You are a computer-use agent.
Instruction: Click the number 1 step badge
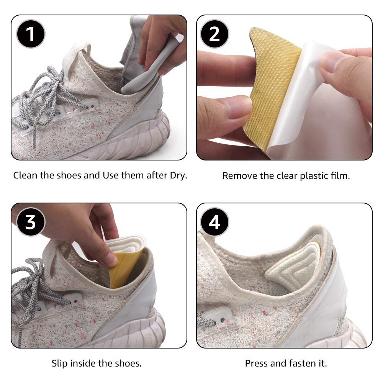pos(31,34)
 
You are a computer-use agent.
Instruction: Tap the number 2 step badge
pos(214,34)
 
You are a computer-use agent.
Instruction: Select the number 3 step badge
pos(31,222)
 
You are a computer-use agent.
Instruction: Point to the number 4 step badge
pos(214,222)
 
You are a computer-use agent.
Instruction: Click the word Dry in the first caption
pos(178,176)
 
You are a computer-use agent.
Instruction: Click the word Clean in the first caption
pos(25,175)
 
